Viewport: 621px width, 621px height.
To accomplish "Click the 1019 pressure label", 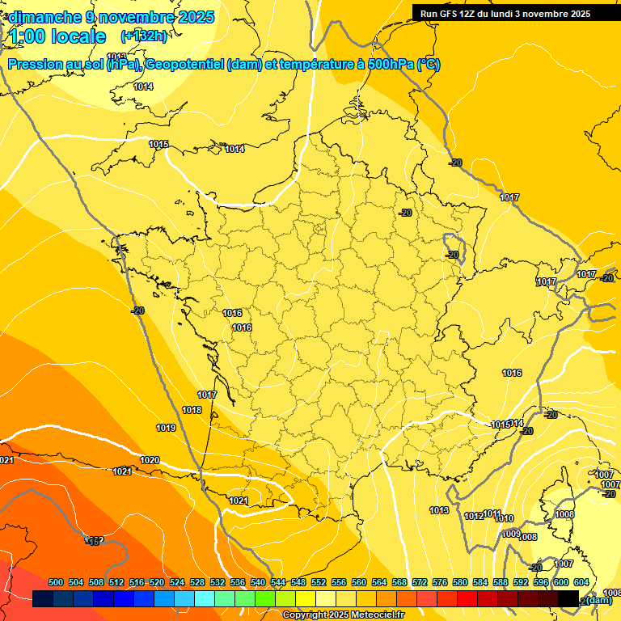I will point(166,428).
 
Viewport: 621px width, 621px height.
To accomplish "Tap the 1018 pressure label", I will point(192,411).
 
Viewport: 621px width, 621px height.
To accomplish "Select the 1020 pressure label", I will point(150,460).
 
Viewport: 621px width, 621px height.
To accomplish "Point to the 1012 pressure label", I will point(473,516).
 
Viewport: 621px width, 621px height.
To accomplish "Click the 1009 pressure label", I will point(510,534).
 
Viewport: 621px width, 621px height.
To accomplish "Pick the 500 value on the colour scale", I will point(56,582).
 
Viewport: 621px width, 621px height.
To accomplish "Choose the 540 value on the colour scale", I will point(258,582).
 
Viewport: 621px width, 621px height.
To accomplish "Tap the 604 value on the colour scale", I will point(581,582).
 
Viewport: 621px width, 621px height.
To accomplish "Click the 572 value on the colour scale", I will point(420,582).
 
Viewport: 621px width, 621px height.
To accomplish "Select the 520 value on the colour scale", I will point(157,582).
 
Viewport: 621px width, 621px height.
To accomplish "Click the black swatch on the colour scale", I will point(568,598).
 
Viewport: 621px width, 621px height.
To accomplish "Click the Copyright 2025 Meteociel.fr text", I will point(342,615).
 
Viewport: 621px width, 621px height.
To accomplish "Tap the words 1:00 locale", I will point(57,36).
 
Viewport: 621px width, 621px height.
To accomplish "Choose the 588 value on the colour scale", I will point(501,582).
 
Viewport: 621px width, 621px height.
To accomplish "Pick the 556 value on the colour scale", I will point(339,582).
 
